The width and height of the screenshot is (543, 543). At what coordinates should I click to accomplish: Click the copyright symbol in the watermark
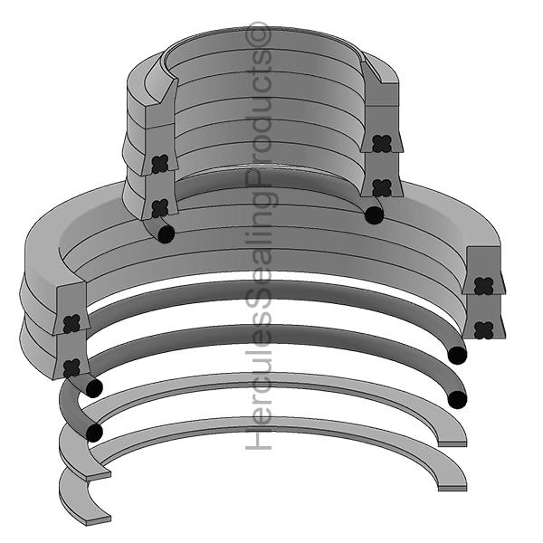click(259, 33)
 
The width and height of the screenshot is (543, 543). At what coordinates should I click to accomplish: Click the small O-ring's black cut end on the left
click(166, 233)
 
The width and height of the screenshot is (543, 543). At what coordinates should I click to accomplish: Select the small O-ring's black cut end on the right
click(375, 215)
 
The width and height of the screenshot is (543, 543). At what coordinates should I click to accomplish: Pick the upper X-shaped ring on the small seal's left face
click(160, 164)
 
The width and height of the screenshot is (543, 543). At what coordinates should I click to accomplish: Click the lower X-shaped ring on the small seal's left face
click(160, 208)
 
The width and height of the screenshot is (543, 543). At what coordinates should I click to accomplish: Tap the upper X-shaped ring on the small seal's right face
click(382, 143)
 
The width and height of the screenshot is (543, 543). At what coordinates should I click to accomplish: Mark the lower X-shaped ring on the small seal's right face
click(382, 188)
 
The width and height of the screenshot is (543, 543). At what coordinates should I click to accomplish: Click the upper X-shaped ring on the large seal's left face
click(71, 323)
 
